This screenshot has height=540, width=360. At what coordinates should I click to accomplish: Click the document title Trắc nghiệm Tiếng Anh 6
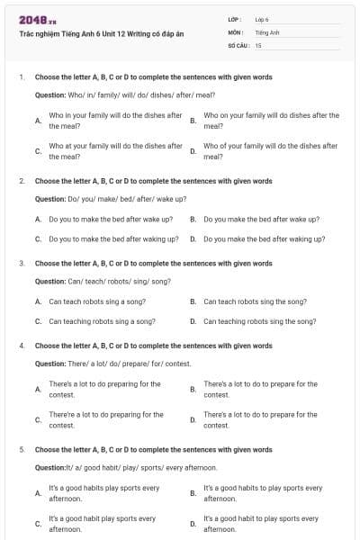(101, 33)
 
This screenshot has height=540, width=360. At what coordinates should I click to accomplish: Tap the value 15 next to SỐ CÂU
(258, 44)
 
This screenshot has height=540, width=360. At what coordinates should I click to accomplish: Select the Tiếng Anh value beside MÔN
(266, 31)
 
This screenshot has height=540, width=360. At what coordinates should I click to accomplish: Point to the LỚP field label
(234, 19)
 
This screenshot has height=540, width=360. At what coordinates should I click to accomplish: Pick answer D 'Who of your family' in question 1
(270, 150)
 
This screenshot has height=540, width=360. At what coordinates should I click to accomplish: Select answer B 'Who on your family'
(271, 121)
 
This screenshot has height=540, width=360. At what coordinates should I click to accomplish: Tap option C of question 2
(108, 239)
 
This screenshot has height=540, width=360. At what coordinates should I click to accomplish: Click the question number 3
(22, 264)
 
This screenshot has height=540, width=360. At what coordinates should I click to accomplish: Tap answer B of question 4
(260, 389)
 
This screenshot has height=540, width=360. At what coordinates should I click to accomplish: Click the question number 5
(22, 449)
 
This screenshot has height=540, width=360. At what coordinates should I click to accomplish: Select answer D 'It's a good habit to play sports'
(261, 524)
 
